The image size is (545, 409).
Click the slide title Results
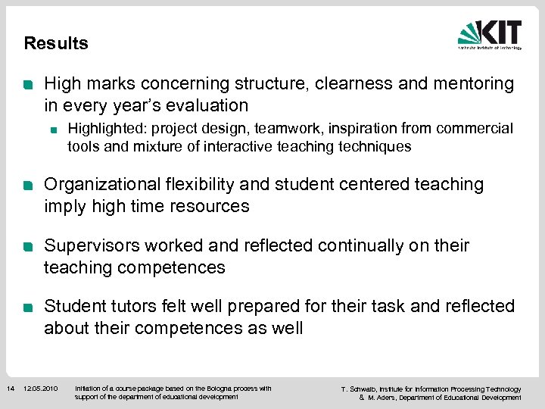point(56,43)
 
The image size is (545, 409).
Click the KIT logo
point(490,34)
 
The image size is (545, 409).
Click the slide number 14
point(10,389)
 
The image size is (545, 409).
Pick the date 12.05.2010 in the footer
point(41,389)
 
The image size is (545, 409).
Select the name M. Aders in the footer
point(383,398)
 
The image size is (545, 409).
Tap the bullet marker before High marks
point(28,85)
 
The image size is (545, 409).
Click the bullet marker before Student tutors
point(28,308)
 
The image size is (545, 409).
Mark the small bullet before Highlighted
point(54,130)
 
